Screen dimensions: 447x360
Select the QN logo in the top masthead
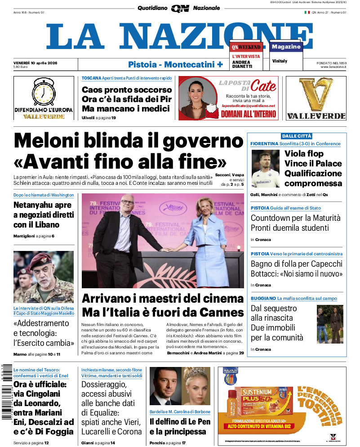point(179,8)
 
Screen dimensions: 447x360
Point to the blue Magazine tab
point(286,47)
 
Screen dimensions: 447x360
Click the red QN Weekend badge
point(246,47)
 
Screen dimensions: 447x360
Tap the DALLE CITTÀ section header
point(297,136)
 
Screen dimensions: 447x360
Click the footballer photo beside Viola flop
point(266,169)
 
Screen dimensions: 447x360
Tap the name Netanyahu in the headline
point(36,206)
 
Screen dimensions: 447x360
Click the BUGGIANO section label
point(263,298)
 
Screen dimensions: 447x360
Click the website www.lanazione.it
point(333,67)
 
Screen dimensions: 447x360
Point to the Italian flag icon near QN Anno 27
point(307,12)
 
